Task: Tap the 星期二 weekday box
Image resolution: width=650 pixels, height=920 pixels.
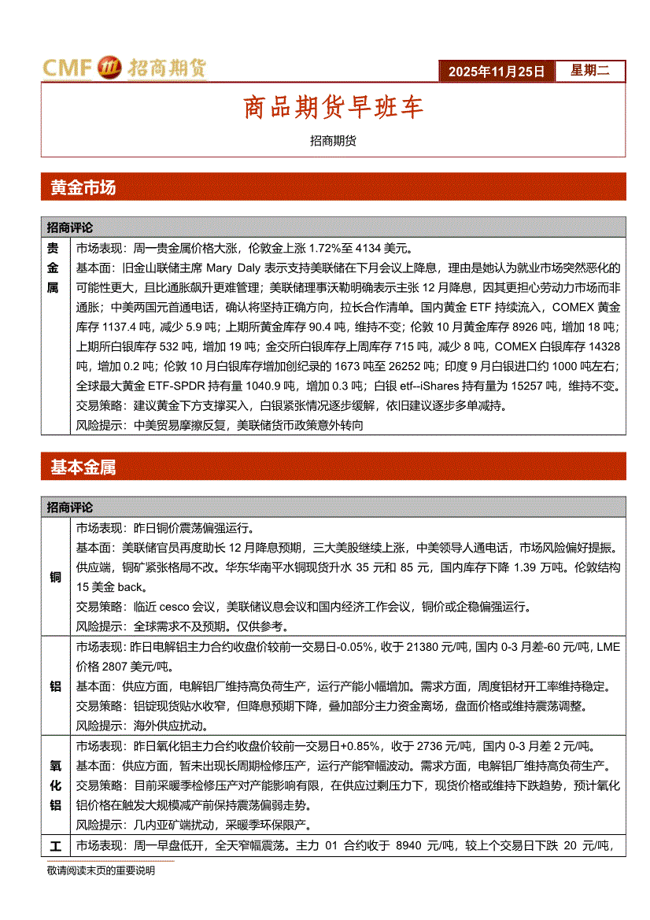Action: (x=589, y=71)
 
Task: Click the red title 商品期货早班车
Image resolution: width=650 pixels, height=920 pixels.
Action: (x=333, y=108)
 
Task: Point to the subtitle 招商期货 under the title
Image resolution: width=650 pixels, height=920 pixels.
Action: (x=333, y=141)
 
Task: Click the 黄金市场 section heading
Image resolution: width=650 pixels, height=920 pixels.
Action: (x=83, y=187)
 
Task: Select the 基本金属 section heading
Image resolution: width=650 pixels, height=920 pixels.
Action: (x=83, y=467)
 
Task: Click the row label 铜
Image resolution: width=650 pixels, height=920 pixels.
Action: (x=55, y=578)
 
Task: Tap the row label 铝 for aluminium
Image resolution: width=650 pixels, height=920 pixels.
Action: (x=55, y=686)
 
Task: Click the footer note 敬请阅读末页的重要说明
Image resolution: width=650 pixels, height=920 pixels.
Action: (x=101, y=870)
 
